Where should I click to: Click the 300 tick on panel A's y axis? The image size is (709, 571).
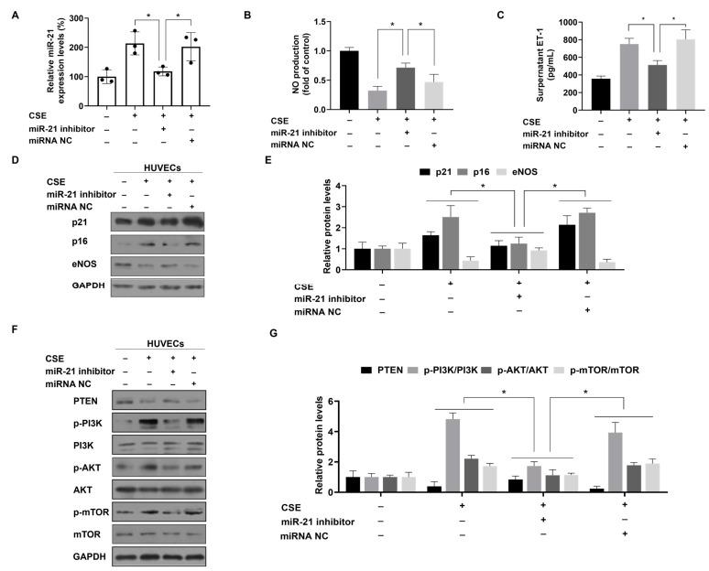click(68, 18)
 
